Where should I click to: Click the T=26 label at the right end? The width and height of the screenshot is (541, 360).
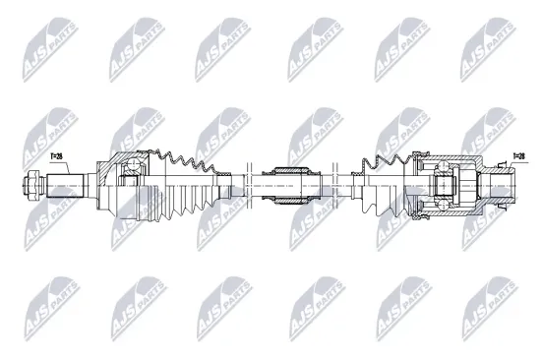tap(517, 155)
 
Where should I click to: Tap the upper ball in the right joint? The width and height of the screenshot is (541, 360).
tap(440, 173)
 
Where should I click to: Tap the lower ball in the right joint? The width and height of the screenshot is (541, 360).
tap(440, 196)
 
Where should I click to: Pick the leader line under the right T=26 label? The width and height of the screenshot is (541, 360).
tap(508, 161)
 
